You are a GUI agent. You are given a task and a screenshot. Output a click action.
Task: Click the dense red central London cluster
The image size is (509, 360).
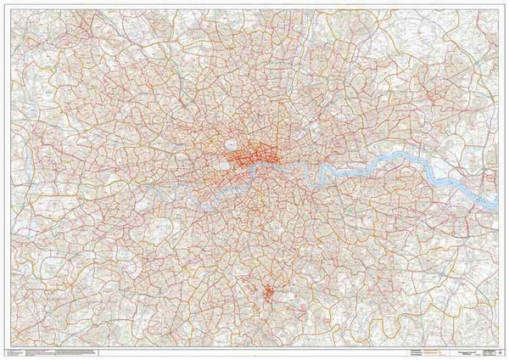click(x=255, y=157)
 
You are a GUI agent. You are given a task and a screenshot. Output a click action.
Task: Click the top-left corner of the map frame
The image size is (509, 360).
click(x=8, y=8)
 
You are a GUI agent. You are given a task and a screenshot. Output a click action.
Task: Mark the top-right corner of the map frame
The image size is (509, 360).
click(x=501, y=8)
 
